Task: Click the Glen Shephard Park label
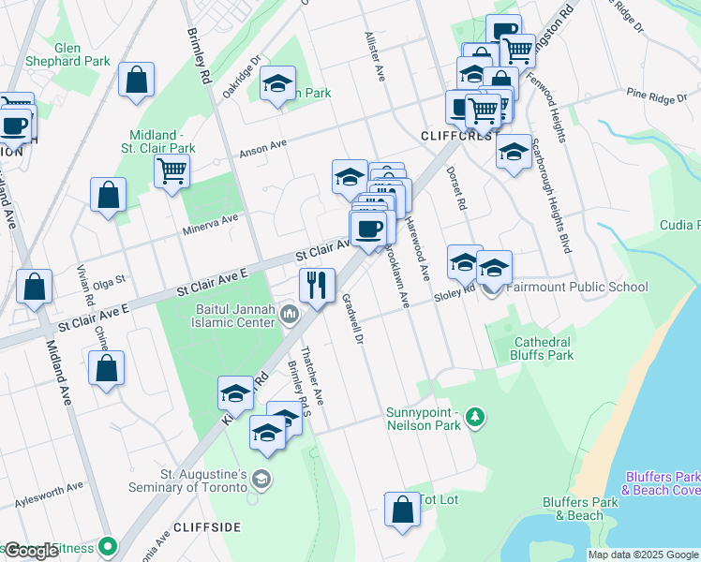point(82,54)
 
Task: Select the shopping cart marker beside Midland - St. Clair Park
point(172,172)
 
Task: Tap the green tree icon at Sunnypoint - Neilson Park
point(476,416)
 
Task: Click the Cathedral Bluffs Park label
point(542,349)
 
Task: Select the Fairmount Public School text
point(577,288)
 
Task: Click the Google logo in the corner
point(30,551)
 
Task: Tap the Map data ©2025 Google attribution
point(643,555)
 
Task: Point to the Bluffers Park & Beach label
point(573,509)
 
